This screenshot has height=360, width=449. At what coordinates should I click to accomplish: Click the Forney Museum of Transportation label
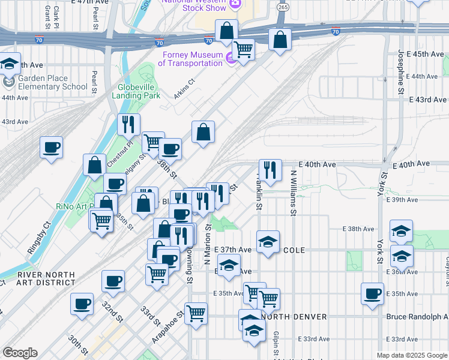tap(190, 59)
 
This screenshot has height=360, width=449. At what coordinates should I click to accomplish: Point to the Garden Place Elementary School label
tap(52, 83)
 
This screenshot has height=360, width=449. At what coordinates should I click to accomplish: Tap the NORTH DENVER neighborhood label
tap(294, 316)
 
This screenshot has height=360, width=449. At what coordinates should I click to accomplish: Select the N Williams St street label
tap(294, 192)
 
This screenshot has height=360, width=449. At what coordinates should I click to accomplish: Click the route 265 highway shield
tap(283, 6)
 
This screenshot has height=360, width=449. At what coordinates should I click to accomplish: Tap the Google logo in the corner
tap(20, 353)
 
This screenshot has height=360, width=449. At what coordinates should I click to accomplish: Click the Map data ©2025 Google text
tap(412, 355)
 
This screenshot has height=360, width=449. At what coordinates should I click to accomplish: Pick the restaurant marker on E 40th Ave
tap(270, 170)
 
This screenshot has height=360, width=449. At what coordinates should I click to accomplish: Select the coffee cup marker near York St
tap(372, 293)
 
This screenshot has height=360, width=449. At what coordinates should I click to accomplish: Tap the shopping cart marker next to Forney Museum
tap(243, 49)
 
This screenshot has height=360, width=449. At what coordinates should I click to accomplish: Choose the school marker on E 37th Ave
tap(268, 241)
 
